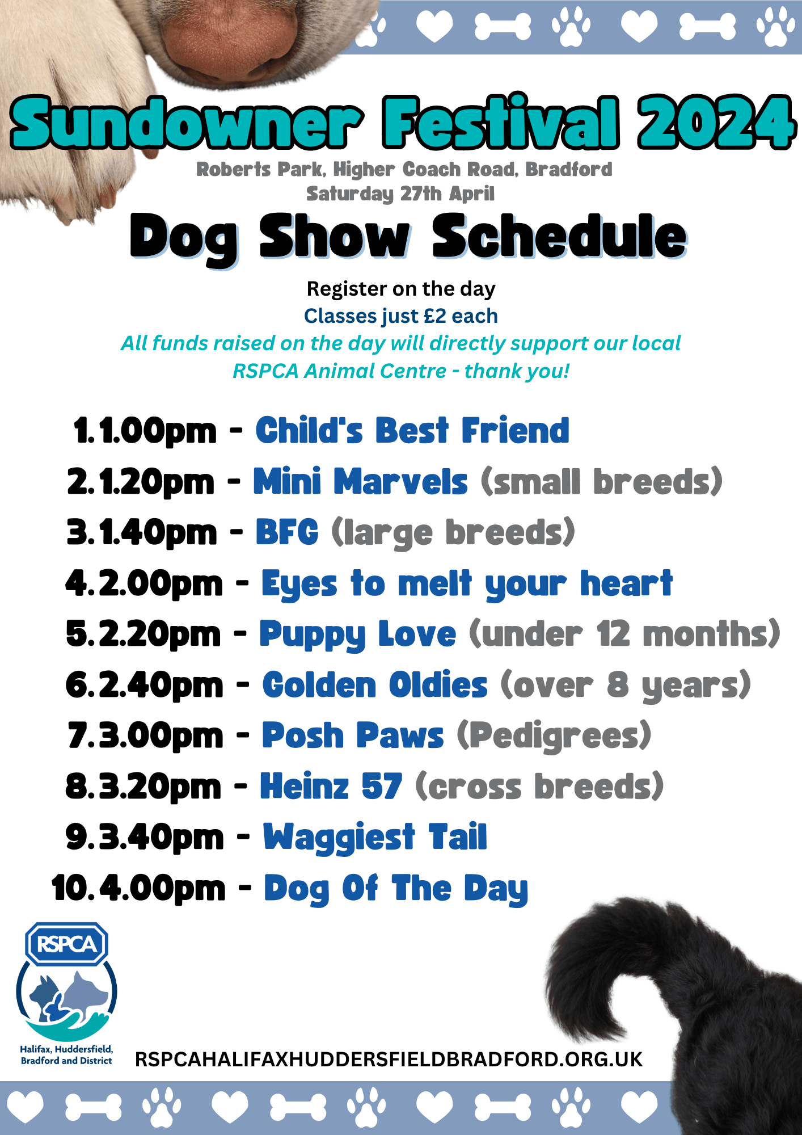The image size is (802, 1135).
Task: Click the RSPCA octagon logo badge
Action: point(67,944)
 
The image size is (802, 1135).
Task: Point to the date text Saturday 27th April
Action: point(400,194)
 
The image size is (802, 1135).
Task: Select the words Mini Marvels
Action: point(360,482)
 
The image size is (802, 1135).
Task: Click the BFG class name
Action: point(287,532)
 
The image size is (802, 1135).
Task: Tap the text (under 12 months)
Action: point(624,634)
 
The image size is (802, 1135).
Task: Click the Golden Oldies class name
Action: point(374,685)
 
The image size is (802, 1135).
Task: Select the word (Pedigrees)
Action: point(554,736)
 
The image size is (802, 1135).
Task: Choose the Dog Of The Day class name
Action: point(396,889)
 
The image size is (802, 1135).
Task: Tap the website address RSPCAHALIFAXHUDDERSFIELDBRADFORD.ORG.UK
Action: point(389,1060)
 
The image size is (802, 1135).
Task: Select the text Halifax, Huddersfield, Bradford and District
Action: point(66,1055)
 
